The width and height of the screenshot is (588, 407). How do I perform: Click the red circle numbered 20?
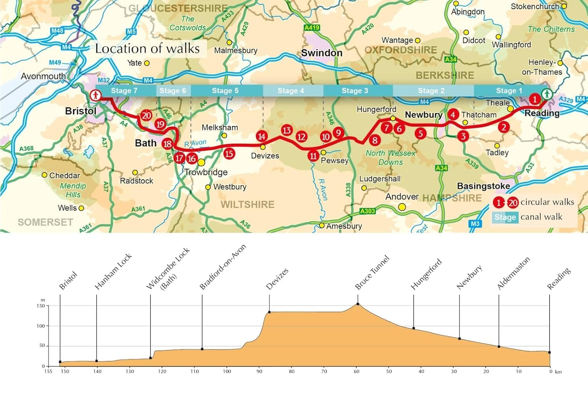point(146,115)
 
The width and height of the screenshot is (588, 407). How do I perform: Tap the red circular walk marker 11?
point(313,156)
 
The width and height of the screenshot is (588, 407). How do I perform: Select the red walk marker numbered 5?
point(420,133)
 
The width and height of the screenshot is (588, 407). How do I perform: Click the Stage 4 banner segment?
point(291,91)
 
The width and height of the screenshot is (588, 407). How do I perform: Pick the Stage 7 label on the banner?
point(124,91)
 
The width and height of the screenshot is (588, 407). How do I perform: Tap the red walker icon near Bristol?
point(95,95)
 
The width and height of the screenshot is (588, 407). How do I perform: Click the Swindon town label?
point(321,53)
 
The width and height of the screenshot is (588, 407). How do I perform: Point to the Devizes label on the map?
point(265,156)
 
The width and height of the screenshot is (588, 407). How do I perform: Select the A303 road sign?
point(367,211)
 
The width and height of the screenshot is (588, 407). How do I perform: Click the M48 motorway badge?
point(57,31)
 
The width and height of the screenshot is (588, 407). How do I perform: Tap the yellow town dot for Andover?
point(402,207)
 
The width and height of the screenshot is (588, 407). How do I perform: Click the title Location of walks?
point(147,49)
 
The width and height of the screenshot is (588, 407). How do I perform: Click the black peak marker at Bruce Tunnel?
point(358,304)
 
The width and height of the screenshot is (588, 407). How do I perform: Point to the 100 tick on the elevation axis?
point(41,326)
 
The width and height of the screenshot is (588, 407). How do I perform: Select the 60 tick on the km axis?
point(356,371)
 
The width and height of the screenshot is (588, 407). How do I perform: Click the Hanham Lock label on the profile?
point(113,272)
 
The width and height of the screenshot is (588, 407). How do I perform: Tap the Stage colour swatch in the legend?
point(505,217)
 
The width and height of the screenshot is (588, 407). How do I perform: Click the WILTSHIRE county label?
point(247,204)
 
